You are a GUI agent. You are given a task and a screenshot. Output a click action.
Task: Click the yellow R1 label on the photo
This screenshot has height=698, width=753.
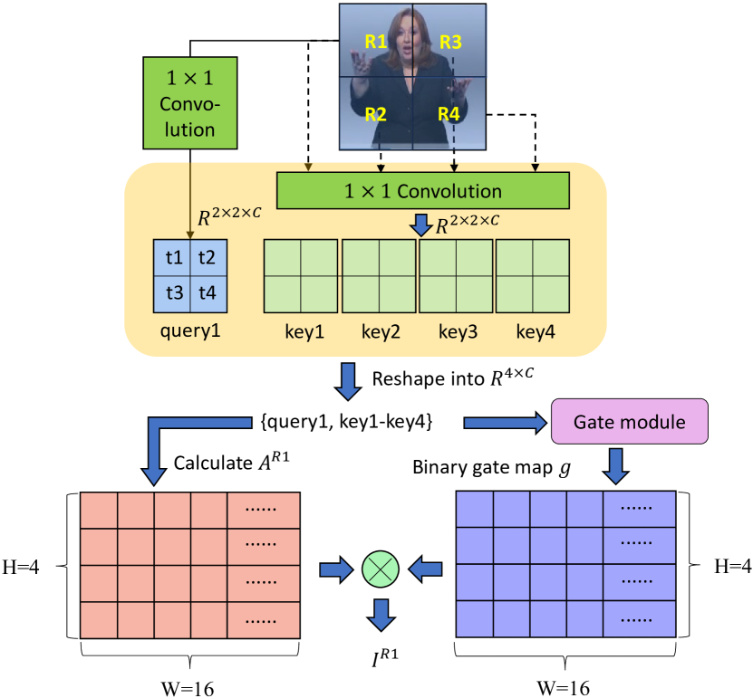pos(376,41)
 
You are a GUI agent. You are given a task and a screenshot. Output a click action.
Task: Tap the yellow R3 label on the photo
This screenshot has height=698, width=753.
pos(450,41)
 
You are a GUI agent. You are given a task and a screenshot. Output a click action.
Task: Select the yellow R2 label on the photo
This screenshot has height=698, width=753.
pos(376,114)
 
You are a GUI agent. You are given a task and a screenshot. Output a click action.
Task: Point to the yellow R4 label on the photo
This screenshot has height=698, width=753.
pos(449,114)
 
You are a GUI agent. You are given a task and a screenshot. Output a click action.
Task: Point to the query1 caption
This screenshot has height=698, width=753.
pos(190,331)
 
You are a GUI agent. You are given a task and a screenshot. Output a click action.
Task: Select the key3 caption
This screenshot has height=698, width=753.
pos(458,331)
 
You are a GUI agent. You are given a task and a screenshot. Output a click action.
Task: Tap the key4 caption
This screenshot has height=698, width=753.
pos(535,331)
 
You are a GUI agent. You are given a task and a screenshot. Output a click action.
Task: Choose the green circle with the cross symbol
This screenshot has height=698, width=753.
pos(381,569)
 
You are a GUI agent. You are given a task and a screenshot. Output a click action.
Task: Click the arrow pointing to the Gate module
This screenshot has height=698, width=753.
pos(501,422)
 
